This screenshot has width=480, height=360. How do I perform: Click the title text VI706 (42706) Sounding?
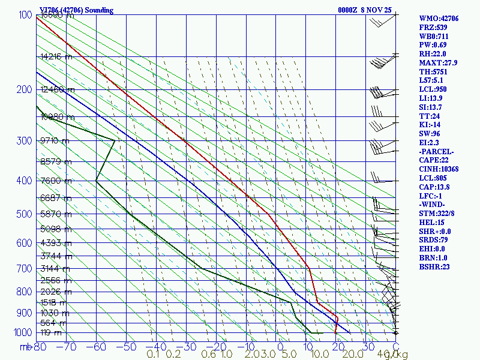[73, 10]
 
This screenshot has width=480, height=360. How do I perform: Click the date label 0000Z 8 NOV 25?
[365, 10]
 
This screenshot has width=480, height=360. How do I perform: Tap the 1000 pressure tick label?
[21, 332]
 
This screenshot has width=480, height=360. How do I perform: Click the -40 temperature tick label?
[157, 346]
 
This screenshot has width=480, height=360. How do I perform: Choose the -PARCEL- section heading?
[437, 151]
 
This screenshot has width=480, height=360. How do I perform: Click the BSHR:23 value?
[434, 266]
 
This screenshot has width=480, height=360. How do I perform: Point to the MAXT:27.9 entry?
[439, 63]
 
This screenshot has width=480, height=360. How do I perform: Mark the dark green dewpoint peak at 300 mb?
[115, 140]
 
